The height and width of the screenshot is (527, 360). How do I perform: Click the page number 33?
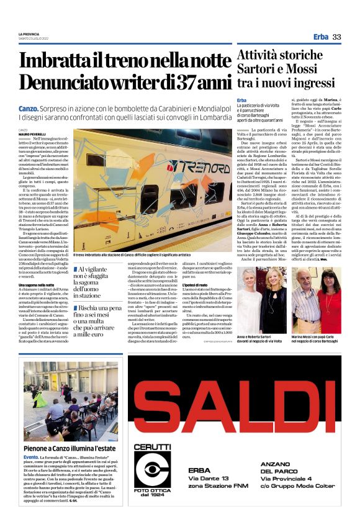[x=336, y=37]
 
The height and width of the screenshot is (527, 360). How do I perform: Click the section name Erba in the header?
[x=320, y=37]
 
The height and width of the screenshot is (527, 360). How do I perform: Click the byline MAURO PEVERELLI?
[x=32, y=134]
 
